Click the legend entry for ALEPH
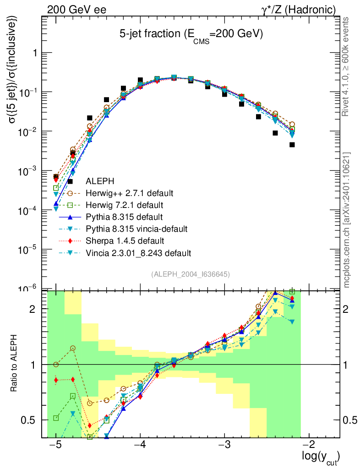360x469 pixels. pyautogui.click(x=102, y=180)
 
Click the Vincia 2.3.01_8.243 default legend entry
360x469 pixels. pyautogui.click(x=140, y=253)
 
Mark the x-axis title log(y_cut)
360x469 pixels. pyautogui.click(x=321, y=458)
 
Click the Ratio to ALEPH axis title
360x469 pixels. pyautogui.click(x=15, y=364)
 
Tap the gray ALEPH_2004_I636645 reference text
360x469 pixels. pyautogui.click(x=190, y=274)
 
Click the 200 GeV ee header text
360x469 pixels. pyautogui.click(x=75, y=9)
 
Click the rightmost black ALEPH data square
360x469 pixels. pyautogui.click(x=292, y=145)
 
